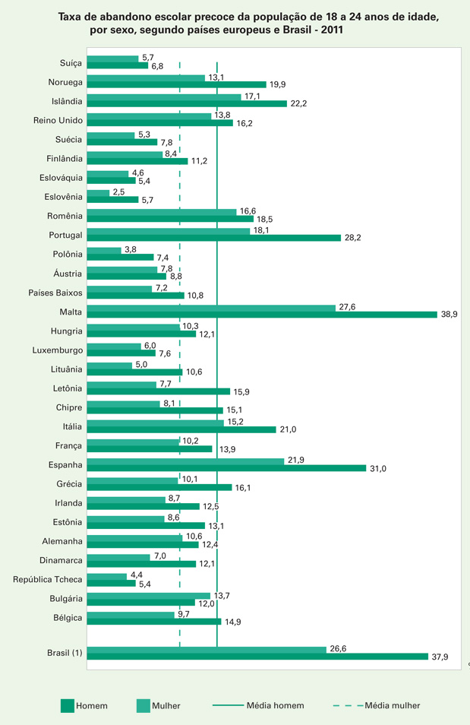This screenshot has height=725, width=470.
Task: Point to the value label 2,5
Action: coord(118,192)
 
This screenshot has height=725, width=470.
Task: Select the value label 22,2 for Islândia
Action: coord(298,103)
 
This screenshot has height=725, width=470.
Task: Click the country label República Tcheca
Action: coord(48,579)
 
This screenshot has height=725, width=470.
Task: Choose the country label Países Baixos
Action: coord(55,292)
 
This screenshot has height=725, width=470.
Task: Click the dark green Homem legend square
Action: coord(67,706)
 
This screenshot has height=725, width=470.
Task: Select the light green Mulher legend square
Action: coord(143,706)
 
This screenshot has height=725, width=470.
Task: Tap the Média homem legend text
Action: coord(275,706)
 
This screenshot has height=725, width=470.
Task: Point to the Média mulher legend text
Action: coord(392,706)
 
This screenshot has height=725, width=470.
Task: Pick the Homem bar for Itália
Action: coord(181,429)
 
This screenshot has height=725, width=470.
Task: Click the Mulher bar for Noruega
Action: coord(146,78)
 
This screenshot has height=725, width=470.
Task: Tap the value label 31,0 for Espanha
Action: coord(378,469)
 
